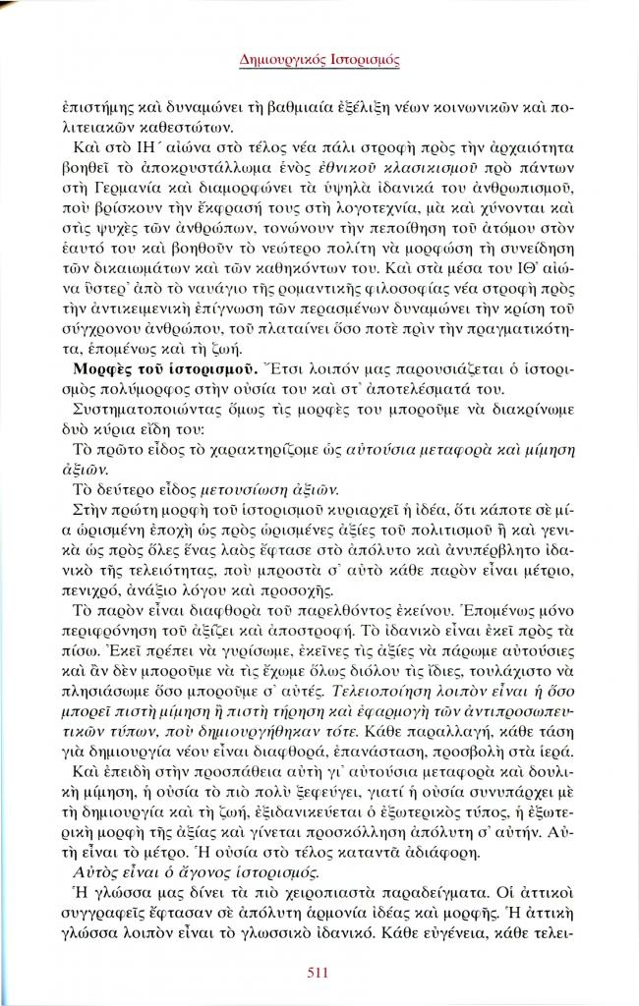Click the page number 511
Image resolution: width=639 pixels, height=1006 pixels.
[319, 975]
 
